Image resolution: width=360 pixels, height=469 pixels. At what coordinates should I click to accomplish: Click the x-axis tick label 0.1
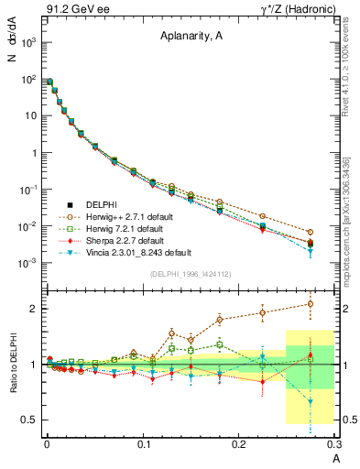(144, 445)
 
